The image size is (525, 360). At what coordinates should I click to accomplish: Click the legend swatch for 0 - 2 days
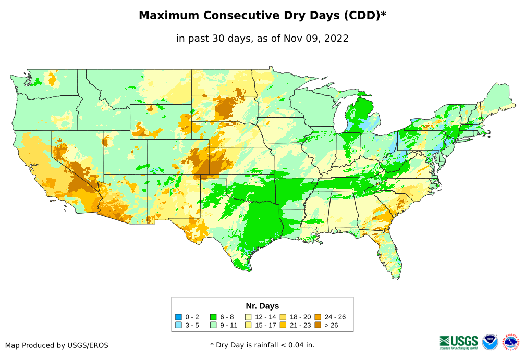[179, 317]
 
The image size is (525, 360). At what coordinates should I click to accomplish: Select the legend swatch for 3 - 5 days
[179, 325]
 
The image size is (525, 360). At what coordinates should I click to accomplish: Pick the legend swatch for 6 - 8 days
[213, 317]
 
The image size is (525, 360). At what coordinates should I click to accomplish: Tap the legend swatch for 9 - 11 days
[213, 325]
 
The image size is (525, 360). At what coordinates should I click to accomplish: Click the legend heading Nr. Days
[262, 306]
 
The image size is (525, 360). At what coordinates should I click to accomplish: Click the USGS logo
[459, 342]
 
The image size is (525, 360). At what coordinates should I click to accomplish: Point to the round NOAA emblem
[490, 342]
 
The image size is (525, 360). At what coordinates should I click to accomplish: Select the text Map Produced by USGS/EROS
[57, 345]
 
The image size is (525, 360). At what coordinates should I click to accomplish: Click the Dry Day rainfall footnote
[262, 345]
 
